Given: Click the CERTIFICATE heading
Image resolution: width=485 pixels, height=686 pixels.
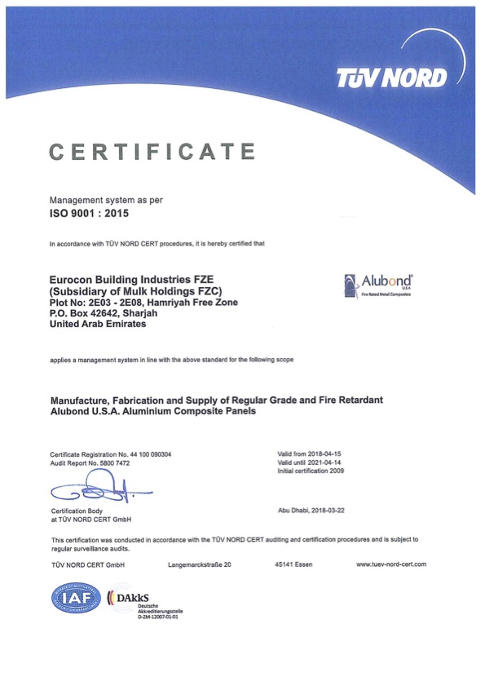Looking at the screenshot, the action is [152, 152].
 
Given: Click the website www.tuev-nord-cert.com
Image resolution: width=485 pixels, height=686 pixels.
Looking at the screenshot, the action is [391, 564].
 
